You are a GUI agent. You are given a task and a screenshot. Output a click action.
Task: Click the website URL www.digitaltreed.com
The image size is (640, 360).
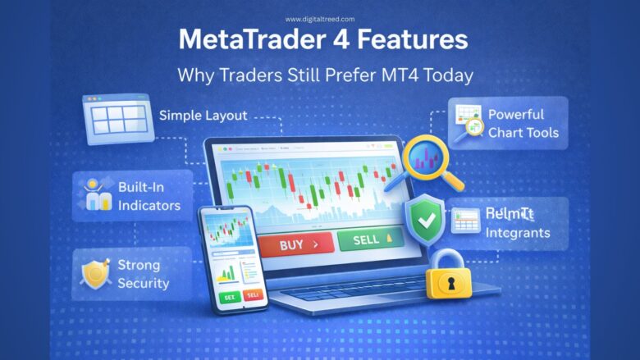pos(320,19)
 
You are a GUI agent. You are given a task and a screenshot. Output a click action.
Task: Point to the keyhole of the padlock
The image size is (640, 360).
pos(450,282)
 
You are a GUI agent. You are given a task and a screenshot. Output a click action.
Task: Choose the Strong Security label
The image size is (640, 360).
pos(143,274)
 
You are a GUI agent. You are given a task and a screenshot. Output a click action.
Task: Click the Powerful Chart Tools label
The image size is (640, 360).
pos(523,123)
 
